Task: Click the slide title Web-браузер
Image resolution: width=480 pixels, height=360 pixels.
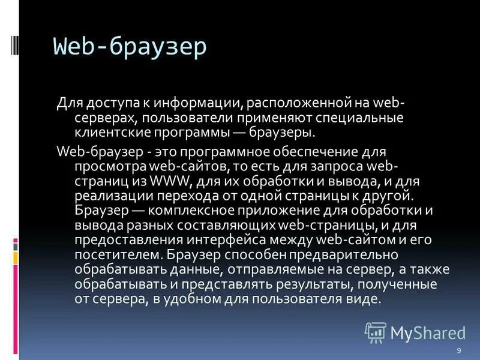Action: (x=130, y=46)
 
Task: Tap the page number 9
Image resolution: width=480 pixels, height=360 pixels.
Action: (x=458, y=350)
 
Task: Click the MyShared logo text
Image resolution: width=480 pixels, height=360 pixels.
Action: (x=428, y=333)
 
